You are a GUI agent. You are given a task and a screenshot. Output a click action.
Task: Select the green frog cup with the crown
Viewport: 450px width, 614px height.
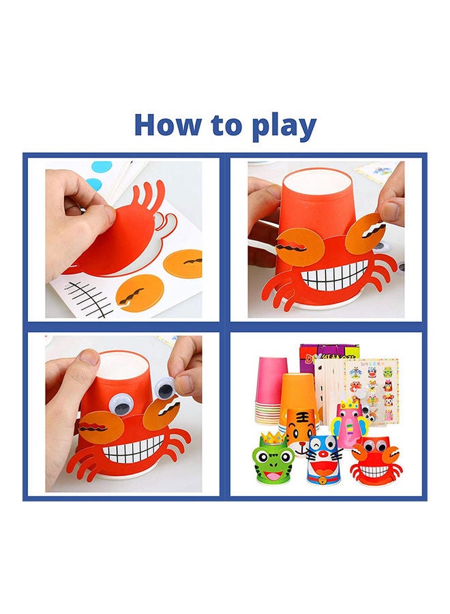pyautogui.click(x=271, y=462)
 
